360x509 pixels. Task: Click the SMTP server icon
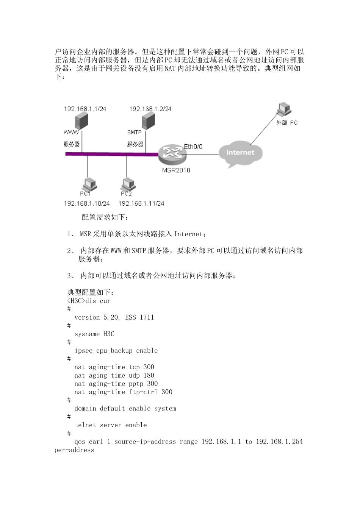(x=147, y=122)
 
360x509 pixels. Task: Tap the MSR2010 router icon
(x=172, y=153)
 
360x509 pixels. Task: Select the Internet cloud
(x=240, y=153)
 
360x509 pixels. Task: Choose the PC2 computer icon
(x=128, y=184)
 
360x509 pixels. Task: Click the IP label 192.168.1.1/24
(x=85, y=109)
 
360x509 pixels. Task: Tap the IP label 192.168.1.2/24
(x=150, y=109)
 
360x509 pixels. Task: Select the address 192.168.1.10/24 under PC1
(x=87, y=204)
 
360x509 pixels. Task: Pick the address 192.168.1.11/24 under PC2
(x=141, y=204)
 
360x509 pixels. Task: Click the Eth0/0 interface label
(x=193, y=147)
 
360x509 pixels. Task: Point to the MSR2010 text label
(x=176, y=170)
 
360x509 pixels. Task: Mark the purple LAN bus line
(x=110, y=154)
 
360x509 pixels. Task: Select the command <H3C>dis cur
(x=89, y=301)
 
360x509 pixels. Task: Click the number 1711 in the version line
(x=147, y=318)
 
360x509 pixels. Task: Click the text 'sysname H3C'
(x=94, y=334)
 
